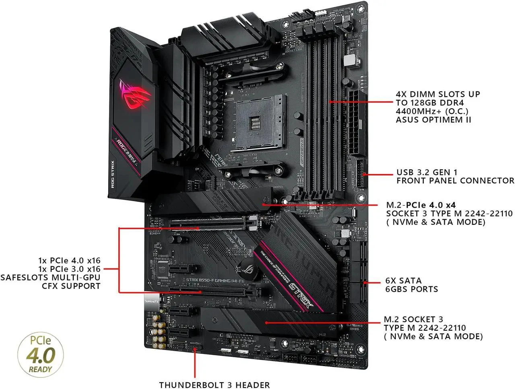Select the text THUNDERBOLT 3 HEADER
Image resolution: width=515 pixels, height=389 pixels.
pyautogui.click(x=214, y=385)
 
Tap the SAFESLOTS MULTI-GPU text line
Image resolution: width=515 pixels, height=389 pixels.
pyautogui.click(x=50, y=277)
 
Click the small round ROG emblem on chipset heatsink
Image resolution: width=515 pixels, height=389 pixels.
pyautogui.click(x=244, y=267)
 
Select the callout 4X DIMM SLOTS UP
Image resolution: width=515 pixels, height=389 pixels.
pyautogui.click(x=438, y=94)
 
